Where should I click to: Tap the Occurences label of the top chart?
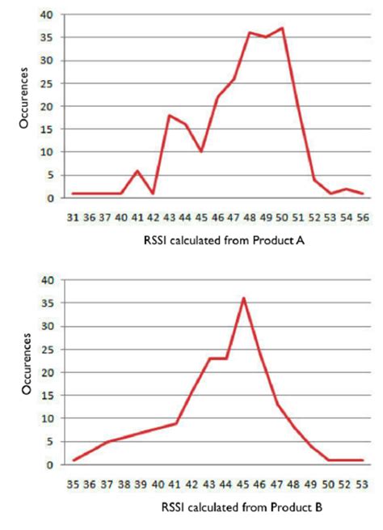(x=27, y=103)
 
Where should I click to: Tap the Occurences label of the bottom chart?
(x=27, y=370)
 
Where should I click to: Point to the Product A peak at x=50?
(x=282, y=28)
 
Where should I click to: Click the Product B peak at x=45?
(x=243, y=298)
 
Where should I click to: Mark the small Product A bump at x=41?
(x=137, y=170)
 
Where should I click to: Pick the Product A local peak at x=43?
(x=169, y=116)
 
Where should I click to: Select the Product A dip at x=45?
(x=201, y=151)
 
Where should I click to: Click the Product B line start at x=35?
(x=74, y=460)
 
